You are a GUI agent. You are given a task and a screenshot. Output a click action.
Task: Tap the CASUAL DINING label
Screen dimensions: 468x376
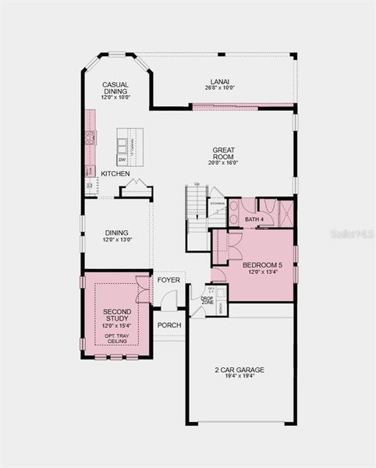click(x=115, y=87)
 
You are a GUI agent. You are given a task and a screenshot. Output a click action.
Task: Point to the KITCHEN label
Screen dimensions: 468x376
click(x=115, y=173)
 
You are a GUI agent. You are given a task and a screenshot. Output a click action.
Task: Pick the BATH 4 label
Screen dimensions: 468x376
click(x=254, y=219)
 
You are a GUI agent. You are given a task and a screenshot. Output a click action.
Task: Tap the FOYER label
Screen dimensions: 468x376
click(x=168, y=279)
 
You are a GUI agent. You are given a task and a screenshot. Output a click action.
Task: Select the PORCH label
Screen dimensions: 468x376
click(x=169, y=324)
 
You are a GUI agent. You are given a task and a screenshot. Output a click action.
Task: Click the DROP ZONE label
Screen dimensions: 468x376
click(x=207, y=300)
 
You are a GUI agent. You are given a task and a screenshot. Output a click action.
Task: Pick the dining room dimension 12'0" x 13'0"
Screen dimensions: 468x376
click(x=117, y=240)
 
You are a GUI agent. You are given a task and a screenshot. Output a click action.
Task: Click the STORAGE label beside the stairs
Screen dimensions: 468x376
click(x=217, y=203)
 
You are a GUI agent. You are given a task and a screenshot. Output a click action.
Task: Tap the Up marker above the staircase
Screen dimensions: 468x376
click(x=197, y=184)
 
